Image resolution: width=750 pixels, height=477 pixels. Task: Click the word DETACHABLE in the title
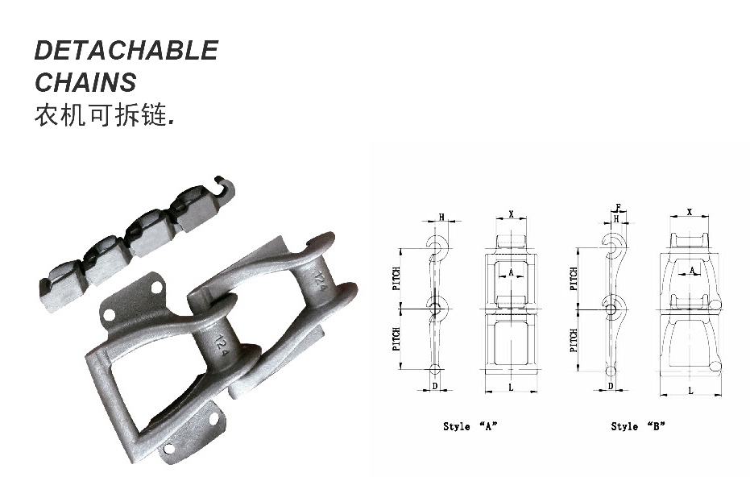(x=126, y=51)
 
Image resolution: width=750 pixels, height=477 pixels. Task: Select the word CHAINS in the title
(x=85, y=82)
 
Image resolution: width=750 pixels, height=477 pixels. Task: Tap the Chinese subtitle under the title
(x=103, y=115)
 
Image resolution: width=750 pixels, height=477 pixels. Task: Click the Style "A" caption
(x=470, y=426)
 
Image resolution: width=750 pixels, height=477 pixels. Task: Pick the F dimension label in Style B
(x=617, y=207)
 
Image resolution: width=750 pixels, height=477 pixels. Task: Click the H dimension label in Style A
(x=441, y=217)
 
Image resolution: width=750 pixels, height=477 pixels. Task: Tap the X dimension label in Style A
(x=511, y=214)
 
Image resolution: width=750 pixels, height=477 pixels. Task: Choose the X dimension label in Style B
(x=690, y=212)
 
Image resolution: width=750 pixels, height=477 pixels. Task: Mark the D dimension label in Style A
(x=435, y=387)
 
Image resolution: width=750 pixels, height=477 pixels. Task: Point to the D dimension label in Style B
(x=611, y=387)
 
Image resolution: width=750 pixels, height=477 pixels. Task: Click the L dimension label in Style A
(x=511, y=388)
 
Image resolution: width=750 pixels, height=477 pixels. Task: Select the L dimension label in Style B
(x=690, y=390)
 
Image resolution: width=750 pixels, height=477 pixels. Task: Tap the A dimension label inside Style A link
(x=511, y=273)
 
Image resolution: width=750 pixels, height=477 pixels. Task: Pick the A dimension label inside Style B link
(x=692, y=272)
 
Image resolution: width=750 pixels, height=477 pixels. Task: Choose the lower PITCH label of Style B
(x=574, y=340)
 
